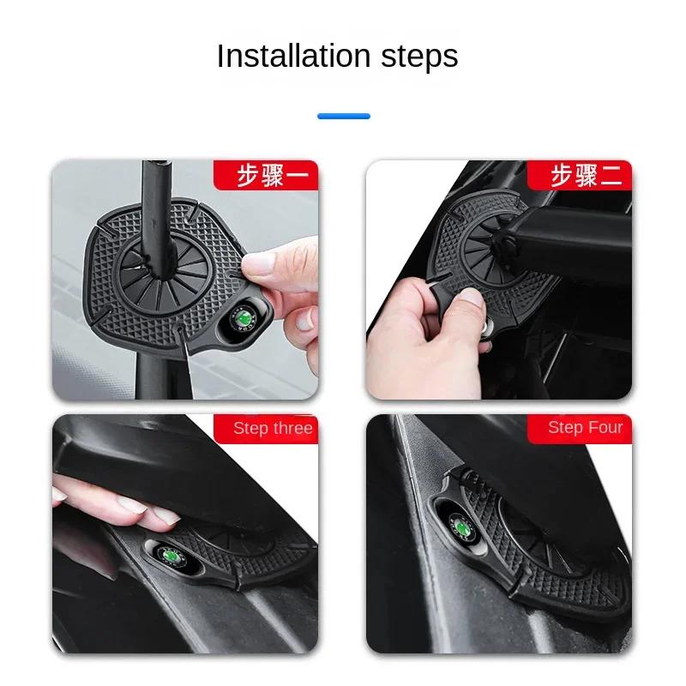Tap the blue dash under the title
[344, 116]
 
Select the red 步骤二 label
[587, 176]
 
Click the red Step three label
[272, 429]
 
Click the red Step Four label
[586, 428]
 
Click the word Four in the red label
[605, 428]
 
